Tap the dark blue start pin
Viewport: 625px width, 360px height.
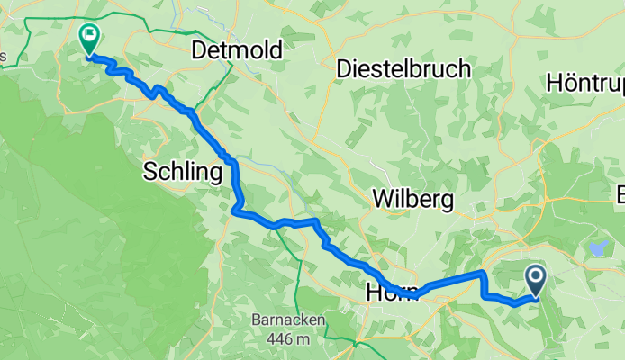pyautogui.click(x=535, y=280)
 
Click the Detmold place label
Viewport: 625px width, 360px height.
pyautogui.click(x=237, y=50)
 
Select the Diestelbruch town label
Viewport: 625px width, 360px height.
pyautogui.click(x=403, y=68)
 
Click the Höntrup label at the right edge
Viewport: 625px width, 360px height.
pyautogui.click(x=585, y=83)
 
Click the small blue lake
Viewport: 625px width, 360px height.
pyautogui.click(x=597, y=244)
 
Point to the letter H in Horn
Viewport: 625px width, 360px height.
pyautogui.click(x=374, y=292)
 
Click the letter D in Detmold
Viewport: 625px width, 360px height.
pyautogui.click(x=200, y=50)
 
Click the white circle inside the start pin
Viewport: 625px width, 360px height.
pyautogui.click(x=535, y=276)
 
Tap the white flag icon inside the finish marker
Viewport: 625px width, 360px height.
pyautogui.click(x=89, y=36)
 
